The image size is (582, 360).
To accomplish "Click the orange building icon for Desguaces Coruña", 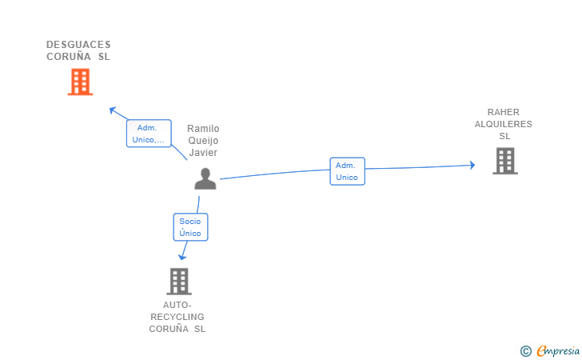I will [x=80, y=82].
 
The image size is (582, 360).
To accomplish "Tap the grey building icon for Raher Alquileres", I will [x=504, y=161].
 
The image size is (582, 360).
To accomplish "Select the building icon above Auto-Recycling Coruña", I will [x=179, y=281].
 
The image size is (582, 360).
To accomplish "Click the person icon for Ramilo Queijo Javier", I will [x=205, y=178].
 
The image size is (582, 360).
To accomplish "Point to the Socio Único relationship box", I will [x=190, y=227].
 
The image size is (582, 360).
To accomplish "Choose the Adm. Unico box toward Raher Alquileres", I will [x=347, y=171].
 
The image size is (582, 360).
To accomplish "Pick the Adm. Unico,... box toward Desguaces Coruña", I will [x=149, y=134].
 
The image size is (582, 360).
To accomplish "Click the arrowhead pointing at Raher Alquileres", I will [x=472, y=166].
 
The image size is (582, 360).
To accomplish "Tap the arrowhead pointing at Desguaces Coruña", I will [x=113, y=110].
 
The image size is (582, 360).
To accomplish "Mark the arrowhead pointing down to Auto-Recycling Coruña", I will [x=182, y=257].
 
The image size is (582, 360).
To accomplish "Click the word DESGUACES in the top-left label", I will [x=78, y=45].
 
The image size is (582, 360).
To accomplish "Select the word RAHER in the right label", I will [x=504, y=112].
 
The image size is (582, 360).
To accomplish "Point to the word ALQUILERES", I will [x=504, y=124].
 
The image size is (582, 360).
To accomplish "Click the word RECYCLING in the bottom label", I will [x=177, y=317].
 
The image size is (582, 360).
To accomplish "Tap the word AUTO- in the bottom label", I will [x=177, y=305].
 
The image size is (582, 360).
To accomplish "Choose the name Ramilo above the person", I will [x=203, y=129].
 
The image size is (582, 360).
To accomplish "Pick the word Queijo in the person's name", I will [x=203, y=141].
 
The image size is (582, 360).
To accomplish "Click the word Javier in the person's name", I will [x=203, y=153].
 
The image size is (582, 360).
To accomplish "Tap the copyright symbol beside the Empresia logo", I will [x=525, y=350].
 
